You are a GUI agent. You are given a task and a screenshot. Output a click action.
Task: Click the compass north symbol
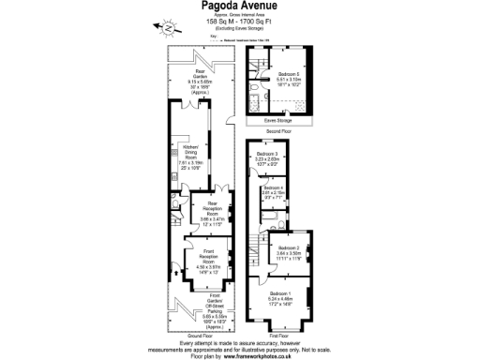pyautogui.click(x=166, y=29)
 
